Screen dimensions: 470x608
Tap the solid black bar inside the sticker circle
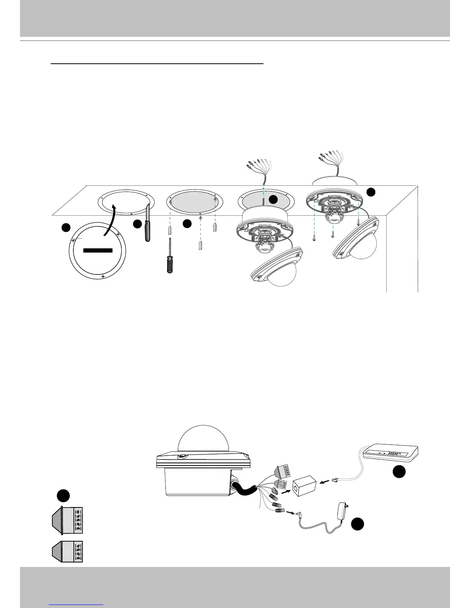(x=98, y=250)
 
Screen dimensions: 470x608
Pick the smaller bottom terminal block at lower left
(x=68, y=552)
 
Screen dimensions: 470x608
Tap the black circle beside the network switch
(x=399, y=472)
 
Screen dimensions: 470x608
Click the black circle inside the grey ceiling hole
(x=273, y=199)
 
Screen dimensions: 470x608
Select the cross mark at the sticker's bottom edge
(x=103, y=276)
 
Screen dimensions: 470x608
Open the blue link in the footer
(x=77, y=605)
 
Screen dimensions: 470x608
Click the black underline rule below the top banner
(x=157, y=64)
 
